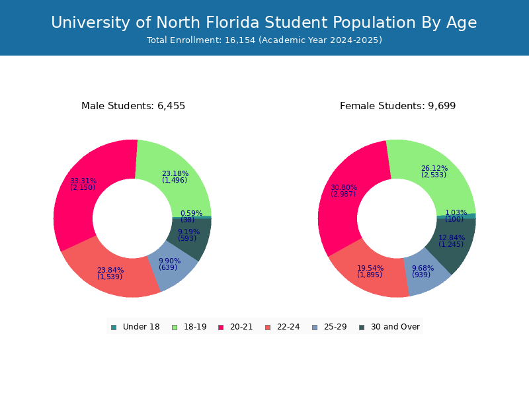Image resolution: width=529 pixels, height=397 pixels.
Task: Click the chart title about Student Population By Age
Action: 264,22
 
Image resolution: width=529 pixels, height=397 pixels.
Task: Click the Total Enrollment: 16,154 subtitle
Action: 264,40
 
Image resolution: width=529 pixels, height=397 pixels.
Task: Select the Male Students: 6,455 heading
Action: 133,106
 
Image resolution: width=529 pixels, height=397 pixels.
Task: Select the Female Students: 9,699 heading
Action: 397,106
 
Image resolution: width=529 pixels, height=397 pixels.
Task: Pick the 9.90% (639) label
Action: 169,264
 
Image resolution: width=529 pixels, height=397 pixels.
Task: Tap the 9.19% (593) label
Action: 188,235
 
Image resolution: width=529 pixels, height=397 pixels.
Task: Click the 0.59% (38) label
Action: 191,216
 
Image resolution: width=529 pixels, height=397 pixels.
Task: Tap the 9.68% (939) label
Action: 423,271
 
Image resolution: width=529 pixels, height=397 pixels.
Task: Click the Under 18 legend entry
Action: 136,327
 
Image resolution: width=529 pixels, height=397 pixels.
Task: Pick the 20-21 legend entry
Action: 235,327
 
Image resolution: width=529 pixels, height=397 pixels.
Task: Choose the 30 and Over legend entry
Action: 389,327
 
